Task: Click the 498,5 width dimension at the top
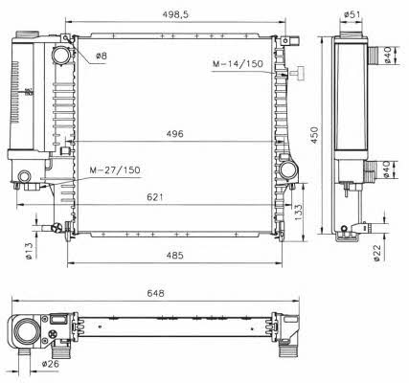175,14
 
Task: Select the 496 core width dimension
175,134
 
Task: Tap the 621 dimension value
155,197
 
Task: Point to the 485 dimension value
175,256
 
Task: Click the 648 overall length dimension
155,293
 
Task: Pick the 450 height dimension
314,135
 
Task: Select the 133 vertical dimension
297,212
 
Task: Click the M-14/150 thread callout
238,64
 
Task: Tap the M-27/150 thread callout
115,170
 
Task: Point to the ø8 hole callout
102,56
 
